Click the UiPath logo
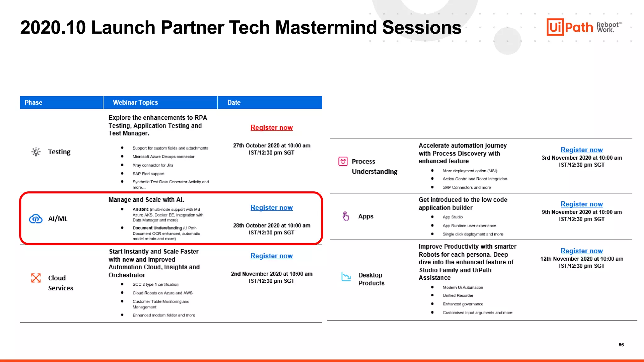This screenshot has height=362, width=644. click(569, 27)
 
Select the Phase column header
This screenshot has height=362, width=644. click(33, 102)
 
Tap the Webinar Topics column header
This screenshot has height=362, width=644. click(135, 102)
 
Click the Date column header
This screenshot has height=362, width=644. click(234, 102)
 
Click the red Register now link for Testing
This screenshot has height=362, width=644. click(271, 128)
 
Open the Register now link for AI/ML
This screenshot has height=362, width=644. click(271, 208)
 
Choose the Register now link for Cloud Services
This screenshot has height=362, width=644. click(271, 256)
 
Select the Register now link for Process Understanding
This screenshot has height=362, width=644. click(581, 150)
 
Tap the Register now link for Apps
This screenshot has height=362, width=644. click(581, 204)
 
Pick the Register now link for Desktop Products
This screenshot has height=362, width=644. click(581, 251)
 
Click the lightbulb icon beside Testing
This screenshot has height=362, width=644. click(36, 152)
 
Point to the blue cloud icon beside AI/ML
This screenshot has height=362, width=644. click(36, 219)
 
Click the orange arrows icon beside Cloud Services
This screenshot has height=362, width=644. click(36, 278)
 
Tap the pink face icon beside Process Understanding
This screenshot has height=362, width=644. click(343, 162)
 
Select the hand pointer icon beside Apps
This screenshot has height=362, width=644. click(346, 216)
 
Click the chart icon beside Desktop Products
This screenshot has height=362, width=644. click(346, 277)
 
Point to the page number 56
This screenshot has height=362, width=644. click(621, 345)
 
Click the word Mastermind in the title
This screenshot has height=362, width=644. click(325, 28)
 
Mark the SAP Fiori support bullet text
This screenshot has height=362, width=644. click(148, 174)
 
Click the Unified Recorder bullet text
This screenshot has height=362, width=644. click(458, 296)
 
